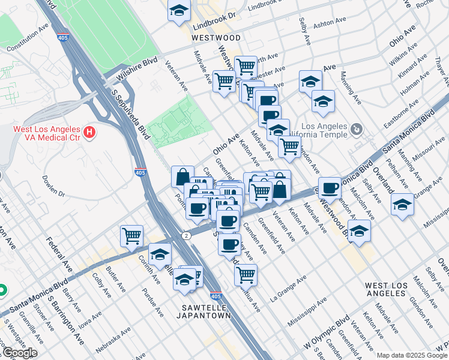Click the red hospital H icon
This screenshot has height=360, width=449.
pos(89,131)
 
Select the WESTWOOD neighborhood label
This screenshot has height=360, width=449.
pos(216,37)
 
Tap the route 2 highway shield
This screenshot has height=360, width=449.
pos(187,235)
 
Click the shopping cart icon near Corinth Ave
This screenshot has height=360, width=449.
pos(131,235)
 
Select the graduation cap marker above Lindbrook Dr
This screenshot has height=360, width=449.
pos(179,11)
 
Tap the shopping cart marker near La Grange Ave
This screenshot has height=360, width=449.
pos(246,274)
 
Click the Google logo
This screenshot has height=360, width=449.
pos(20,353)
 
